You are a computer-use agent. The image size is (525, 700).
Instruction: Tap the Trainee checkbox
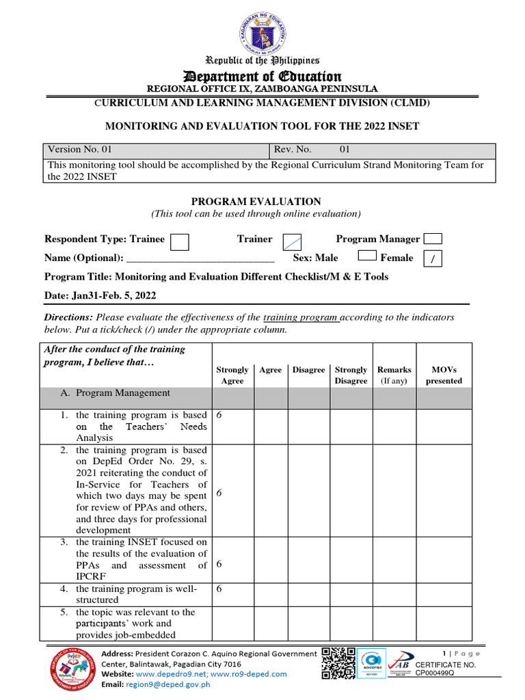[179, 242]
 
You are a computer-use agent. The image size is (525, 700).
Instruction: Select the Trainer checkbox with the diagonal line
[293, 241]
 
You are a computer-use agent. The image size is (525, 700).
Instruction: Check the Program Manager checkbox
[433, 239]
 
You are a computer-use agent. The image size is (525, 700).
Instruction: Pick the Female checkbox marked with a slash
[433, 259]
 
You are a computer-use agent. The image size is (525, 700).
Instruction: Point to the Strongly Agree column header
[232, 375]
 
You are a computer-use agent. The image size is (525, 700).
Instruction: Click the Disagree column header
[309, 370]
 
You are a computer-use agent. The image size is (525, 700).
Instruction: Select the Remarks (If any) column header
[394, 375]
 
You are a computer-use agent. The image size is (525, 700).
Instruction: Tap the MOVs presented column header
[444, 375]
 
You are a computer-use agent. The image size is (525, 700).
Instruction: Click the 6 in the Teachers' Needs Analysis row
[219, 415]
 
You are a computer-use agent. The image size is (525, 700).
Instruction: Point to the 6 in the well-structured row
[219, 589]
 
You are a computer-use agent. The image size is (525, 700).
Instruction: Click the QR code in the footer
[338, 663]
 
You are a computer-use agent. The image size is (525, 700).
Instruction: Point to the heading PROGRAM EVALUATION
[256, 202]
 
